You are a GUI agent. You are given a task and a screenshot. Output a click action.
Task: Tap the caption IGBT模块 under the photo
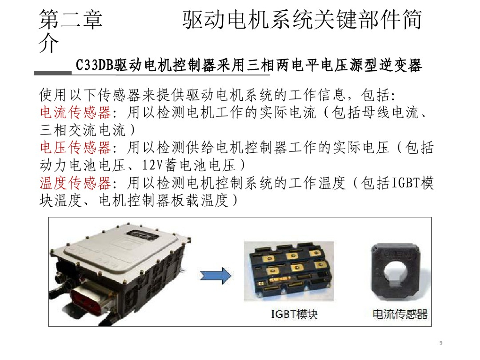(294, 314)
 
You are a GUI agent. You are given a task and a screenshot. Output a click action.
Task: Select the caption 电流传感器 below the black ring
(400, 314)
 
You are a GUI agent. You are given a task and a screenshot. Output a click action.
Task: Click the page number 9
(441, 343)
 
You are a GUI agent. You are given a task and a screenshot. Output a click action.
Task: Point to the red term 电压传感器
(75, 148)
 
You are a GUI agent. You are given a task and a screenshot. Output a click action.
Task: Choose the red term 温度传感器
(75, 183)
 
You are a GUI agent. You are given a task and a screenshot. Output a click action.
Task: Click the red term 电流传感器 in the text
(75, 112)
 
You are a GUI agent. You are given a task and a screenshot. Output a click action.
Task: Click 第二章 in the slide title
(70, 21)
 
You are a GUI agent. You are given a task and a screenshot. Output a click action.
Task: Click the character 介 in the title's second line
(49, 45)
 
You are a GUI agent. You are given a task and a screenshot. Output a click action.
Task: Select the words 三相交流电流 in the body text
(75, 130)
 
